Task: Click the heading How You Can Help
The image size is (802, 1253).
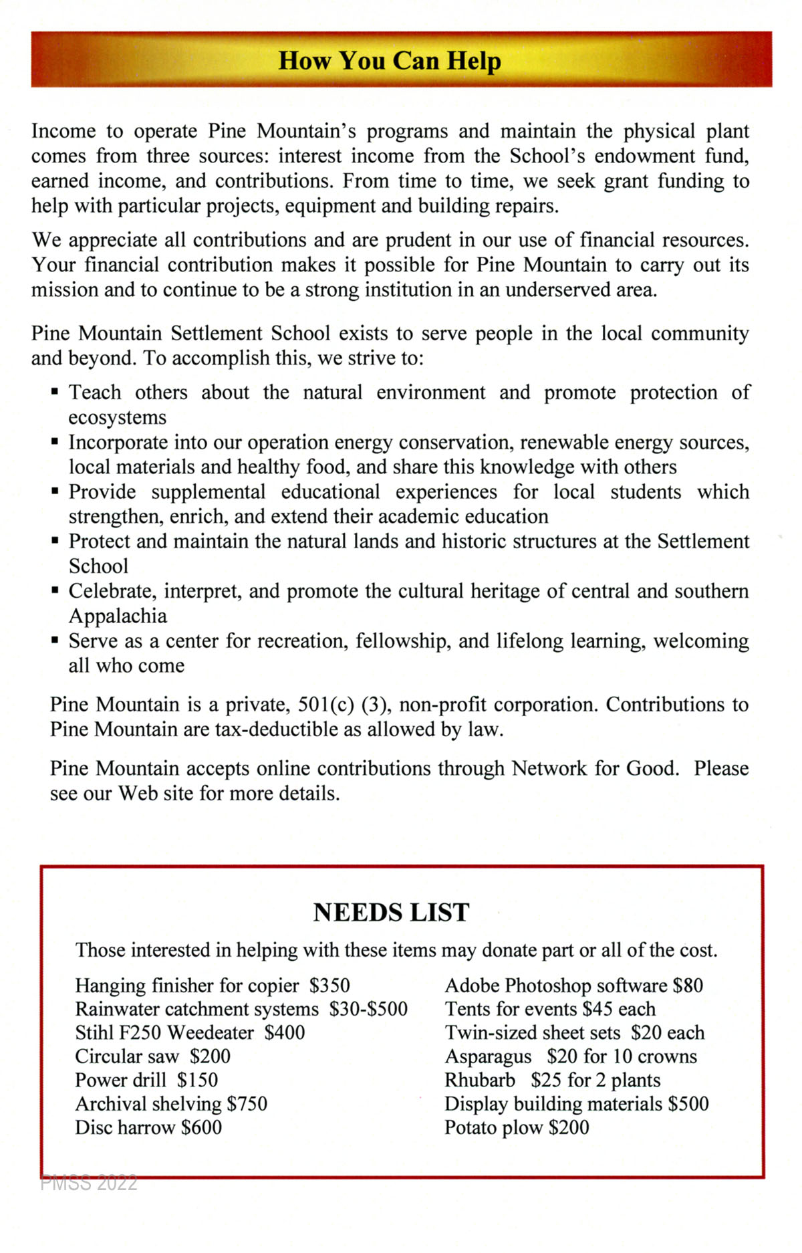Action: [x=390, y=61]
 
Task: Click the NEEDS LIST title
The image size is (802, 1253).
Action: [x=391, y=913]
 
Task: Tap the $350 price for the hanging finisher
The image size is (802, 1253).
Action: [x=329, y=986]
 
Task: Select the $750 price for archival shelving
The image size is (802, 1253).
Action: [x=247, y=1104]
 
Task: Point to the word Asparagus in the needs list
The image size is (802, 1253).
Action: [x=488, y=1056]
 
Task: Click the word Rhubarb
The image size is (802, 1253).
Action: [x=480, y=1080]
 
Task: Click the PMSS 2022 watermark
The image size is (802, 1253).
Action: [x=89, y=1183]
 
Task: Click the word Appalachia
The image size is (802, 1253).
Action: [x=118, y=616]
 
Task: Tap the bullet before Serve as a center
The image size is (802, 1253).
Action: [x=55, y=641]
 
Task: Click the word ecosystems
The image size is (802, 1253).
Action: [x=117, y=417]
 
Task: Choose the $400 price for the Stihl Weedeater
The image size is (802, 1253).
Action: [x=285, y=1033]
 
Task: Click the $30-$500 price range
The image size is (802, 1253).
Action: [x=368, y=1009]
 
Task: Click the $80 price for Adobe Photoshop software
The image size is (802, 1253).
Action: [x=688, y=986]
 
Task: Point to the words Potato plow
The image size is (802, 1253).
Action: [x=494, y=1128]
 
